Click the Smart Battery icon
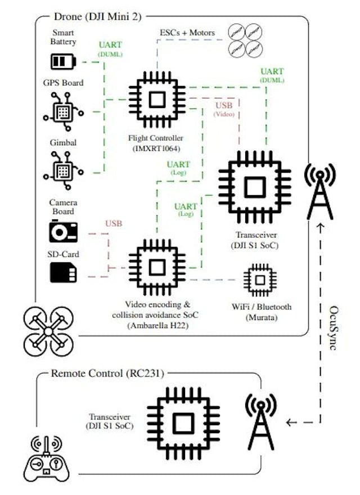pos(63,61)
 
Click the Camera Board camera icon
pos(63,232)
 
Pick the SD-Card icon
pos(63,272)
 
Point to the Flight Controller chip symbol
pos(157,100)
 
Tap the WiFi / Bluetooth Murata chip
pos(259,280)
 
